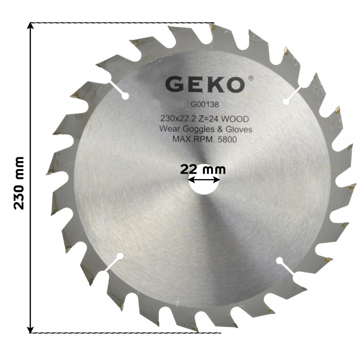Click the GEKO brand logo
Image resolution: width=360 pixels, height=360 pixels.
(204, 85)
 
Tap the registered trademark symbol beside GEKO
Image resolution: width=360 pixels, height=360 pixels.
(251, 78)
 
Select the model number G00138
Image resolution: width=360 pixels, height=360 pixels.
(204, 105)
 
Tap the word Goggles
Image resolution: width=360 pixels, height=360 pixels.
(197, 130)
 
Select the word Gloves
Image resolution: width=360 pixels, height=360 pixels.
(239, 129)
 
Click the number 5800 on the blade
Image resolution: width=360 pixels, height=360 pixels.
(227, 139)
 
